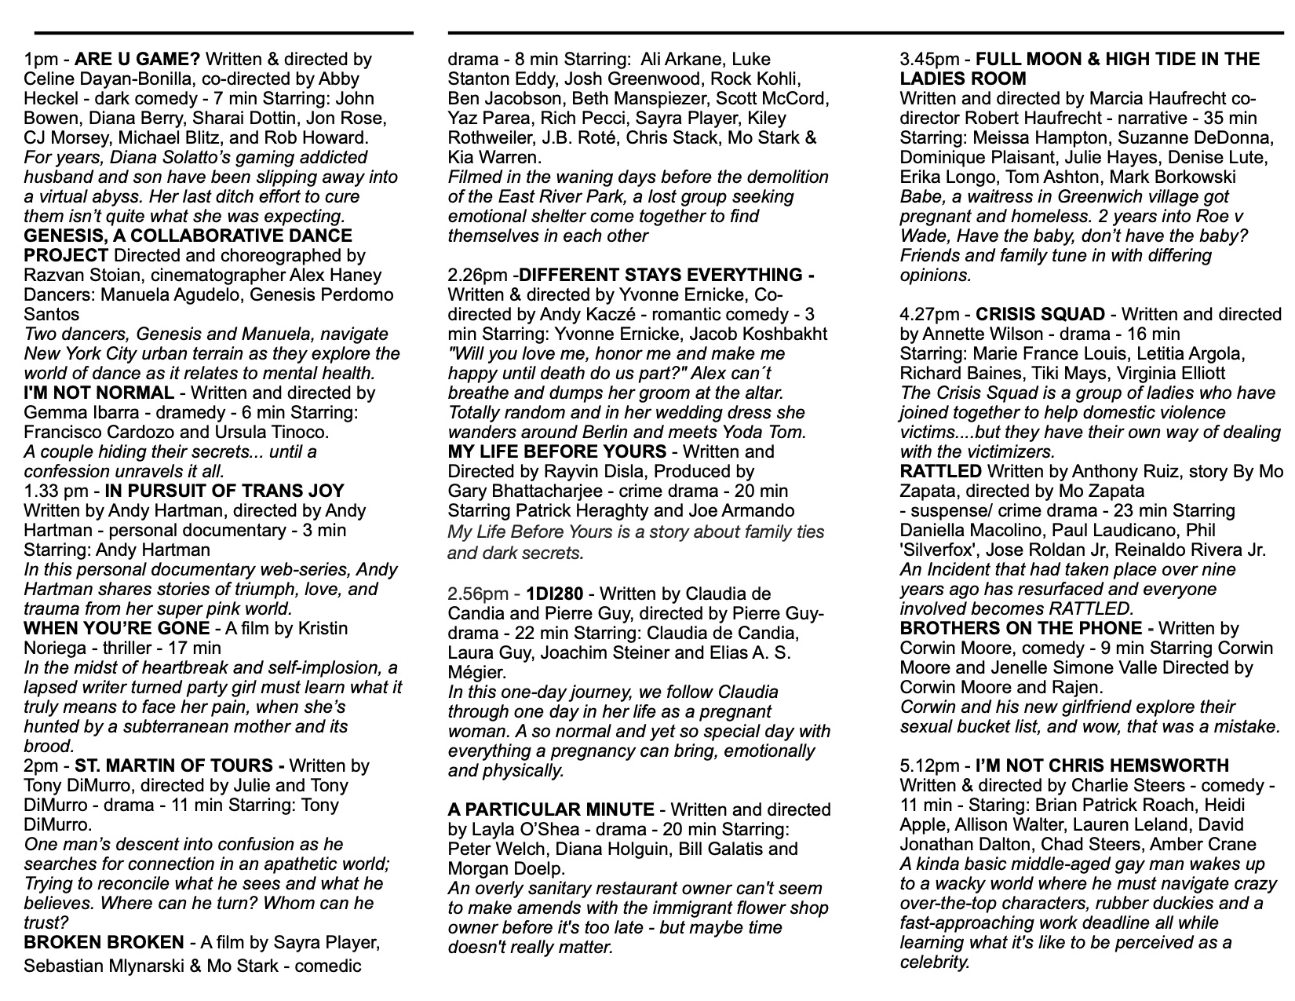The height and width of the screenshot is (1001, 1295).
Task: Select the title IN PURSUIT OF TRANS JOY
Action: (224, 491)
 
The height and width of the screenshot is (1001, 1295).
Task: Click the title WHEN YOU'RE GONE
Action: (117, 629)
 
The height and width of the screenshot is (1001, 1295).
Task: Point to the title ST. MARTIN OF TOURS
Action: (176, 766)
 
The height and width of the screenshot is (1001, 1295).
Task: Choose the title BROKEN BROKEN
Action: (104, 943)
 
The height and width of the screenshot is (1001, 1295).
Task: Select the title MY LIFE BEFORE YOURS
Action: (556, 452)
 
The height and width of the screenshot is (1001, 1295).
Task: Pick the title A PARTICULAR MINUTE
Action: (551, 810)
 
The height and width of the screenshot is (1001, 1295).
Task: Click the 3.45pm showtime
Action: (933, 60)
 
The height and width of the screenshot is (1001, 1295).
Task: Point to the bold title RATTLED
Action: (941, 472)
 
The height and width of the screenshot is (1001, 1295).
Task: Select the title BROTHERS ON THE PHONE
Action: (1021, 629)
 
